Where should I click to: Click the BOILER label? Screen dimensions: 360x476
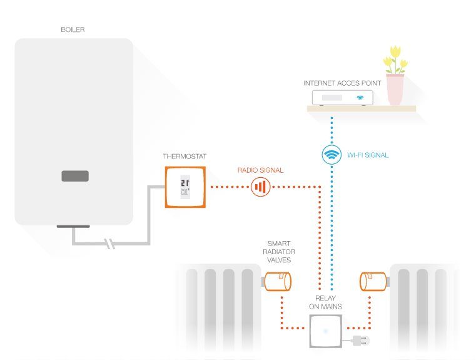73,29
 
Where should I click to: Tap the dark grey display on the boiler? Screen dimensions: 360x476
75,177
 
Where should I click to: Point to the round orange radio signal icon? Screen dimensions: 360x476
261,187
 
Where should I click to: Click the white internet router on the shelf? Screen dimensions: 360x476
342,98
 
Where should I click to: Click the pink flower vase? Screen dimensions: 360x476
395,90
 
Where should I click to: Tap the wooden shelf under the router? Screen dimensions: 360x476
361,109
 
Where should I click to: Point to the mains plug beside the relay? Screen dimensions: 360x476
360,341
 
